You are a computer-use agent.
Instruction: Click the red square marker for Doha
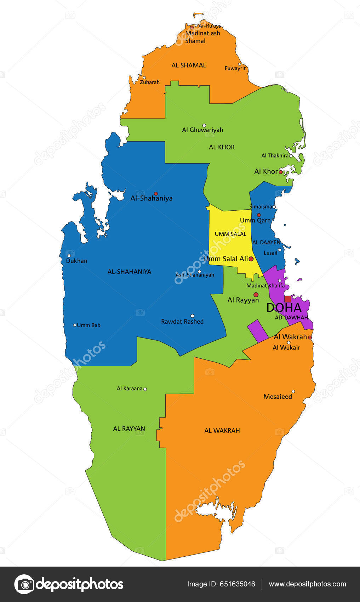click(287, 299)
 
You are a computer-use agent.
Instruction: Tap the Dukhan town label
click(76, 261)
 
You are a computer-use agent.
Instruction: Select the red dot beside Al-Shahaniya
click(156, 193)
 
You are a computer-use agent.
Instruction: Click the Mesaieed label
click(278, 397)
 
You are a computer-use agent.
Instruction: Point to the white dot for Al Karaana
click(145, 389)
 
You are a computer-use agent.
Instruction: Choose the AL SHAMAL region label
click(189, 65)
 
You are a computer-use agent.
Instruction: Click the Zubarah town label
click(150, 82)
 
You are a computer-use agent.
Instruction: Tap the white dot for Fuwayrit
click(240, 64)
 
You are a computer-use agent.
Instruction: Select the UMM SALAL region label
click(230, 234)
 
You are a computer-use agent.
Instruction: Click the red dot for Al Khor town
click(281, 172)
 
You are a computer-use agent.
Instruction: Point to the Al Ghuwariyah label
click(202, 130)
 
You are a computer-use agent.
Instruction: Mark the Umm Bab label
click(88, 325)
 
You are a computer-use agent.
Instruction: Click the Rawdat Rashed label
click(182, 322)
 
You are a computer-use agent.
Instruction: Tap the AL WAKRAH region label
click(222, 431)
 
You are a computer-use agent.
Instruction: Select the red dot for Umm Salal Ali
click(251, 259)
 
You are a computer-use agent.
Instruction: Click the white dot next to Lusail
click(279, 250)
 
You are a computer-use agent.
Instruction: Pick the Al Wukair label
click(286, 348)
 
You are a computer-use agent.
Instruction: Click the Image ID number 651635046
click(238, 584)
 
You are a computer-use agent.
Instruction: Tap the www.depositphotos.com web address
click(307, 584)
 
